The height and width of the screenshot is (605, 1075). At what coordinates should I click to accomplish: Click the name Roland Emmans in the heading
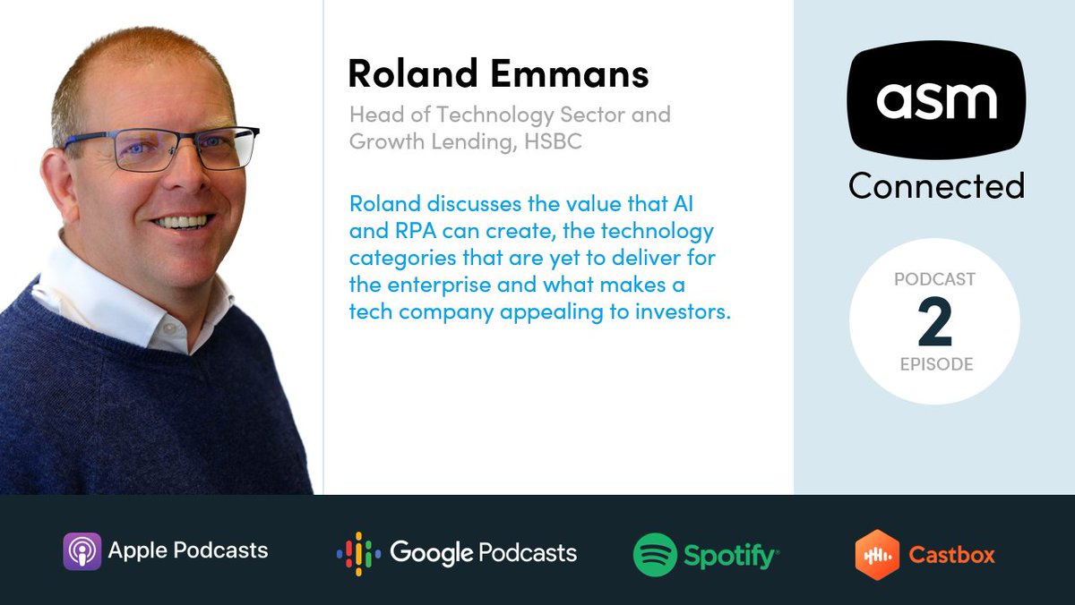click(497, 73)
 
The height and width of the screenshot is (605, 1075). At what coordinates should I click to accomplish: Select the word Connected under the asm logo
click(936, 185)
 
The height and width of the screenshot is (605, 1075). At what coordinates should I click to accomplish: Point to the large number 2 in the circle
click(934, 323)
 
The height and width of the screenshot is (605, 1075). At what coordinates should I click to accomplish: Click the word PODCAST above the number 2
click(934, 279)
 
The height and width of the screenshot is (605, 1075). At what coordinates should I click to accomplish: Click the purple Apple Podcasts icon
click(82, 550)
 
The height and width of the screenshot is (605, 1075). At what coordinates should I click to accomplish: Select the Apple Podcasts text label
click(188, 550)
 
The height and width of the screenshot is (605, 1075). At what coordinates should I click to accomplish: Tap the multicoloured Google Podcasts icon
click(358, 552)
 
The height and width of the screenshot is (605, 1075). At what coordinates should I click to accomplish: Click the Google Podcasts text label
click(484, 552)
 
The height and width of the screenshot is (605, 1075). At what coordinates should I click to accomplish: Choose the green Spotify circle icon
click(654, 554)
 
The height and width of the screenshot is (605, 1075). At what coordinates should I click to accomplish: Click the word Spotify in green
click(730, 556)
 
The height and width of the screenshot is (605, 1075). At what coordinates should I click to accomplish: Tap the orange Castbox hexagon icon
click(877, 554)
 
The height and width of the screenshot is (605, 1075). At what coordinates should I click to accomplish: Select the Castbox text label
click(951, 555)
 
